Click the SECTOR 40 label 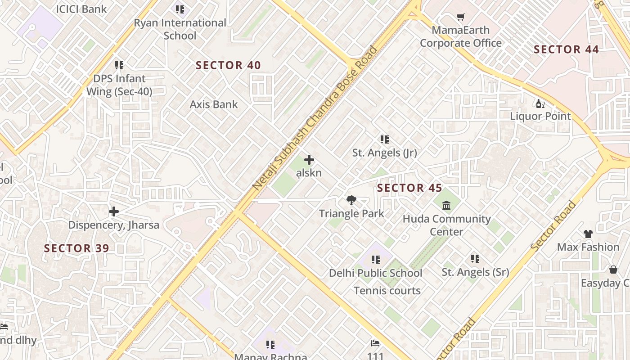(228, 65)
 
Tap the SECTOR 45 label (409, 188)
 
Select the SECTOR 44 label (566, 49)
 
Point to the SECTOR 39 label (76, 248)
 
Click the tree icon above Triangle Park (351, 200)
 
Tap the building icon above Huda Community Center (446, 206)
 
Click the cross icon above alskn (309, 160)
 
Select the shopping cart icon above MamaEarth (460, 17)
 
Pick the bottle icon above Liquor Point (540, 103)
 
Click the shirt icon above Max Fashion (588, 234)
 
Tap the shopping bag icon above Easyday (613, 270)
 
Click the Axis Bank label (214, 104)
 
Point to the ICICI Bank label (81, 9)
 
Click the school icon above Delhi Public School (375, 259)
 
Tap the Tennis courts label (387, 291)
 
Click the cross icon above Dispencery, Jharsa (114, 211)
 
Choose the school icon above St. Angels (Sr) (475, 258)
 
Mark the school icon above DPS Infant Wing (119, 65)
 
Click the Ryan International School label (180, 29)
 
